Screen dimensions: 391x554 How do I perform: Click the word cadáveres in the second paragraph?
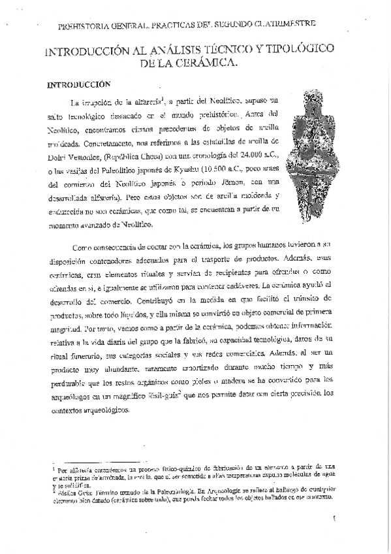[243, 286]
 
